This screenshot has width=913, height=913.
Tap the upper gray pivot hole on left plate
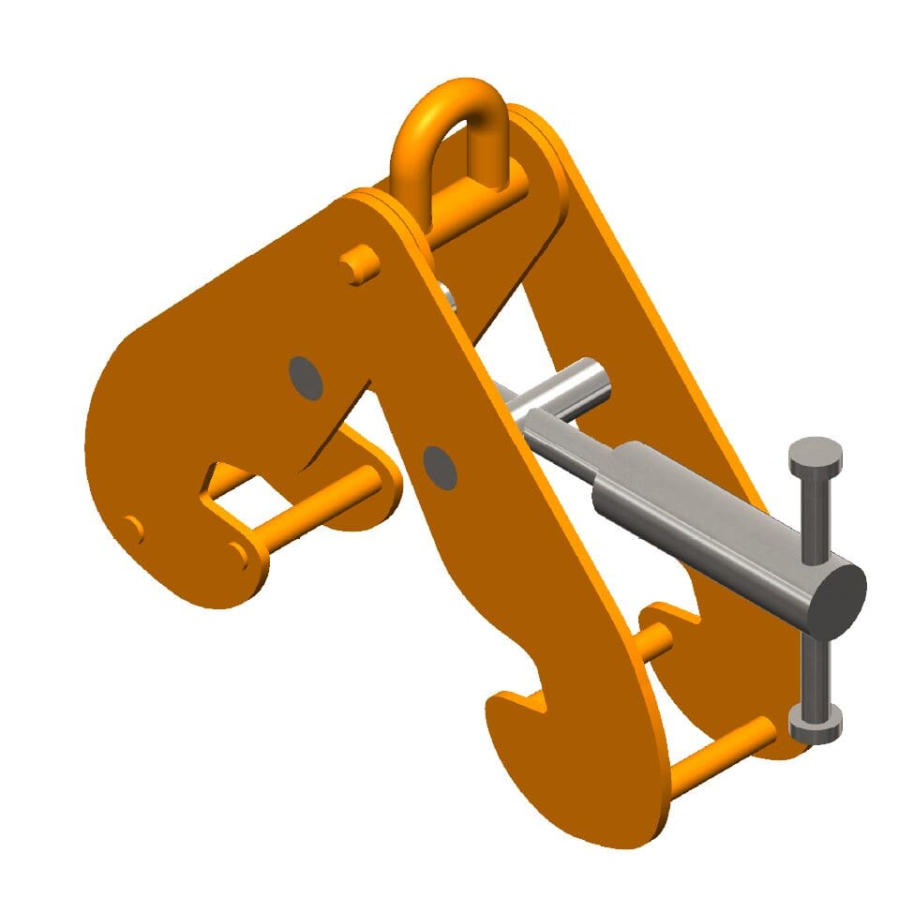[x=306, y=377]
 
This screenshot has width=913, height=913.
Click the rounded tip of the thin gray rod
[x=596, y=375]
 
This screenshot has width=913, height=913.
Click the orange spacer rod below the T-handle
[x=722, y=757]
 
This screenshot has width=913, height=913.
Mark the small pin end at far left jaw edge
[x=134, y=530]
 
